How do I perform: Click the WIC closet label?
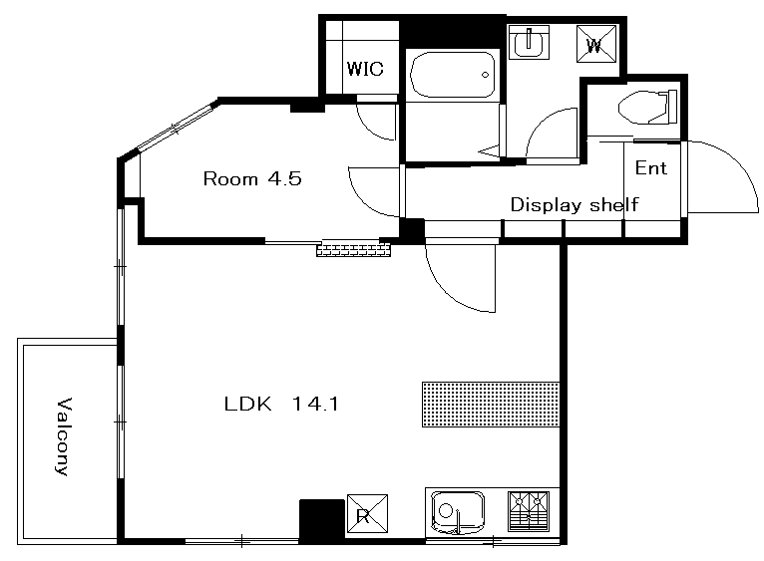(365, 69)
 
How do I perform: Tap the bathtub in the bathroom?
(453, 75)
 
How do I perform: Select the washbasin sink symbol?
(529, 43)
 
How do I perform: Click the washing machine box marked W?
(596, 44)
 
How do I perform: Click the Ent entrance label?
(650, 168)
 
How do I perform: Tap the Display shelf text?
(573, 204)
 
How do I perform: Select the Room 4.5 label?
(252, 178)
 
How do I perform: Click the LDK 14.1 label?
(281, 404)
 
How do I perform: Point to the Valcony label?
(64, 436)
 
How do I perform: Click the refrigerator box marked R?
(367, 514)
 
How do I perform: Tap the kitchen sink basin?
(458, 512)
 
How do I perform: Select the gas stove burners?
(529, 511)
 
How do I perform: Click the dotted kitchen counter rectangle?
(491, 405)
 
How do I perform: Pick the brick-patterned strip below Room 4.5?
(354, 250)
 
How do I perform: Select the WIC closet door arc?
(370, 128)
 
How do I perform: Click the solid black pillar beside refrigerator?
(322, 520)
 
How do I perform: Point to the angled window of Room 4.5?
(177, 127)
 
